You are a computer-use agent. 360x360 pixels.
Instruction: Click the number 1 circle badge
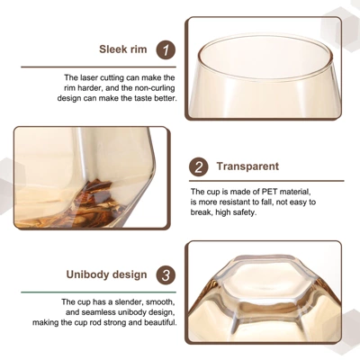pyautogui.click(x=166, y=49)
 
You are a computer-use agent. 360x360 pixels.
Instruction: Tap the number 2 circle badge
pyautogui.click(x=199, y=166)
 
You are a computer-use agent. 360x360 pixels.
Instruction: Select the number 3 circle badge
pyautogui.click(x=166, y=274)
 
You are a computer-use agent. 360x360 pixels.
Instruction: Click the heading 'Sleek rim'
pyautogui.click(x=123, y=49)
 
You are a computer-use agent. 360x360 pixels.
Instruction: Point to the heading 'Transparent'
pyautogui.click(x=247, y=166)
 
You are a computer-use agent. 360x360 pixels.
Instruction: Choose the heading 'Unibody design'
pyautogui.click(x=107, y=274)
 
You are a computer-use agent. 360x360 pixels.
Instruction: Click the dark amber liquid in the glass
pyautogui.click(x=95, y=204)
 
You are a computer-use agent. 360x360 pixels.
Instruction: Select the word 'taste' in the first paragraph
pyautogui.click(x=141, y=98)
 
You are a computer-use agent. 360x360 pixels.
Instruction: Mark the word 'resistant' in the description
pyautogui.click(x=236, y=202)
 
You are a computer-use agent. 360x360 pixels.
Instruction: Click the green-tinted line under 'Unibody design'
pyautogui.click(x=98, y=292)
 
